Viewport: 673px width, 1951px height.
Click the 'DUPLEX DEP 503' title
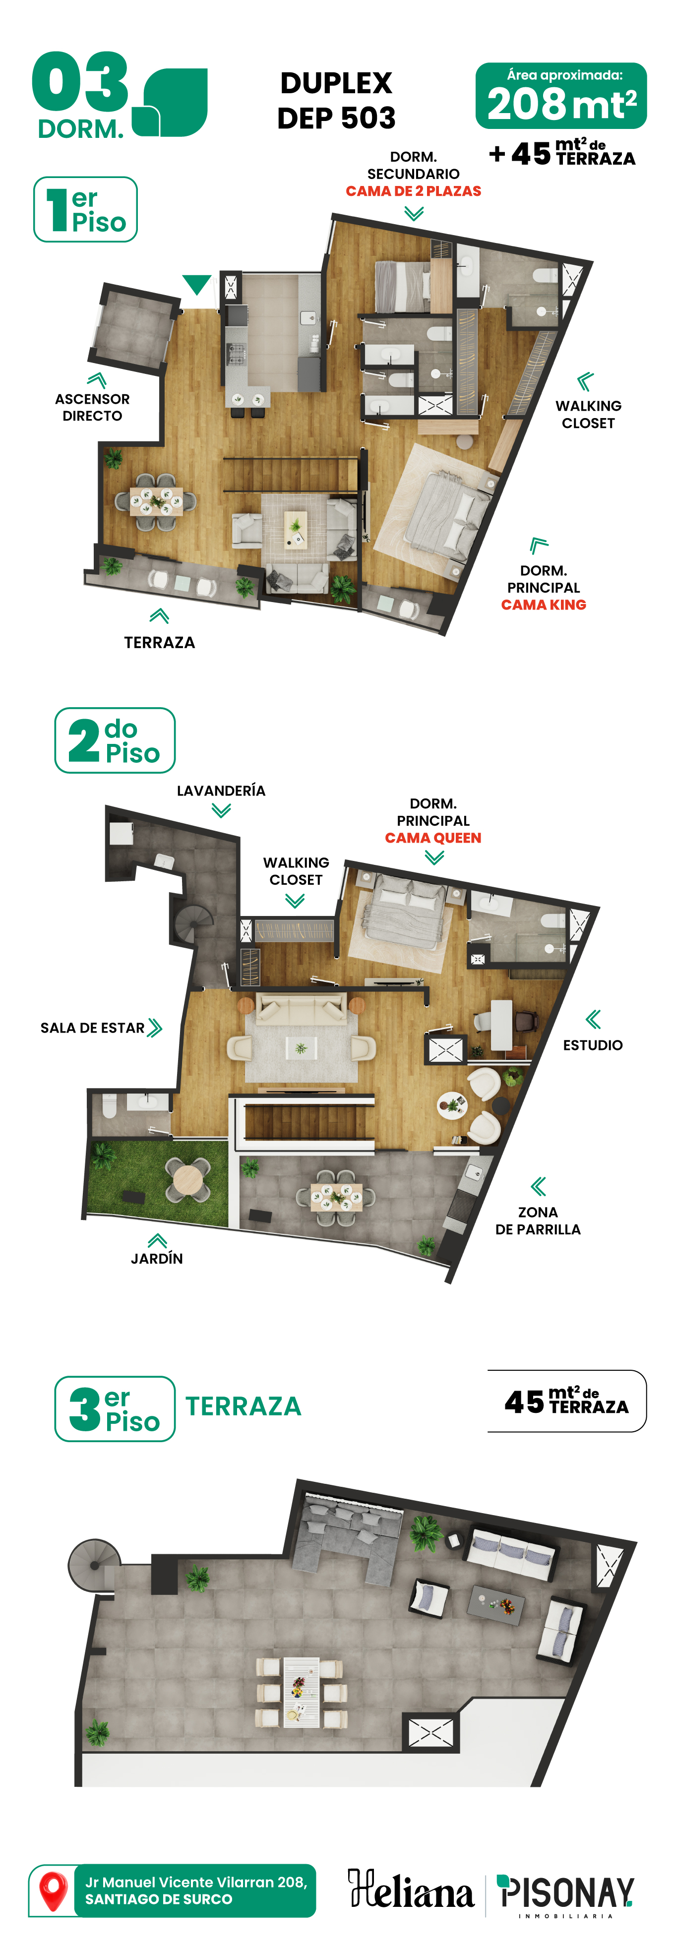[x=336, y=100]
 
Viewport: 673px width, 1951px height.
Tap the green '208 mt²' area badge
[x=561, y=96]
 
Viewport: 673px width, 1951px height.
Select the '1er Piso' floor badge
[x=85, y=209]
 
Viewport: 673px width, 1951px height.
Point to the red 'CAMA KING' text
[x=544, y=605]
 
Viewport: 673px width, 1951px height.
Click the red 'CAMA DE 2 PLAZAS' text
[x=413, y=191]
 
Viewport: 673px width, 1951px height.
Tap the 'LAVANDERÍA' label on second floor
[x=221, y=791]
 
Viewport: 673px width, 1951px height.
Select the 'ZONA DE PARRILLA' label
[x=538, y=1220]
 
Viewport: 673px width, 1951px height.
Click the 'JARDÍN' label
[x=157, y=1258]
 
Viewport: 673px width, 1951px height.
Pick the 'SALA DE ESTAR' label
[x=92, y=1028]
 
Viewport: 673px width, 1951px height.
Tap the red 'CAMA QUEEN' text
[x=433, y=838]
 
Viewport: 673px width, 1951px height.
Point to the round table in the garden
[x=188, y=1178]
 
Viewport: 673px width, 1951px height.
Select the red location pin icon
[x=53, y=1891]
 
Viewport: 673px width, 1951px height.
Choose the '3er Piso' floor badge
[x=115, y=1409]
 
